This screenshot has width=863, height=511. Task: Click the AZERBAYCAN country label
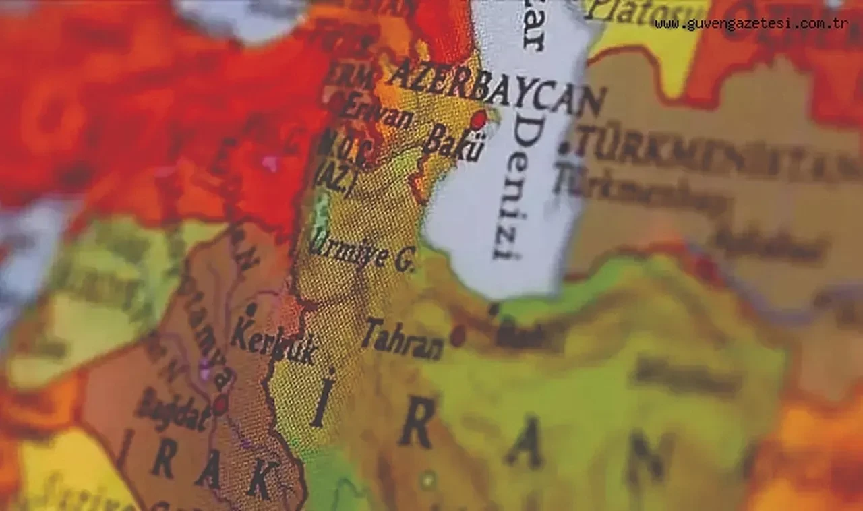(x=496, y=88)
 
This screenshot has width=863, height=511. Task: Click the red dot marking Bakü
(x=478, y=120)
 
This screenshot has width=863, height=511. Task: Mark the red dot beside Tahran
(x=458, y=335)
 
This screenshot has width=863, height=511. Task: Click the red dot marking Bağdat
(x=220, y=404)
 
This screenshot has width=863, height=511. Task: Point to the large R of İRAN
(x=416, y=421)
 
